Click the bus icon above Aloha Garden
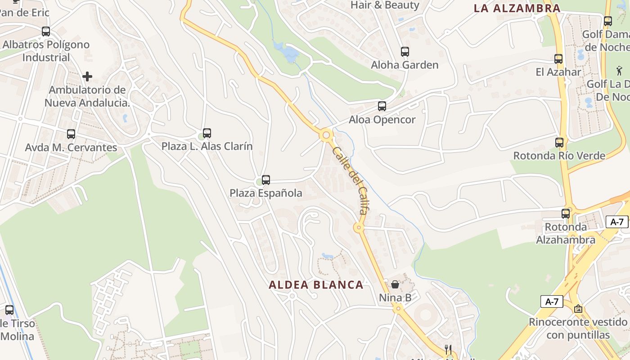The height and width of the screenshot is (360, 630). [405, 52]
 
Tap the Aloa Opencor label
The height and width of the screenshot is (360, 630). [382, 120]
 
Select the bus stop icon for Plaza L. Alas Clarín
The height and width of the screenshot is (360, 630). [207, 133]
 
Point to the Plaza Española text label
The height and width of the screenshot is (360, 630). [266, 193]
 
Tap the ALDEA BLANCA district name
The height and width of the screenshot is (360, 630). [316, 285]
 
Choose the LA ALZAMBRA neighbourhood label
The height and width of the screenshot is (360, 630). [517, 8]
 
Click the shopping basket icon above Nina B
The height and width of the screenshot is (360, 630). [395, 284]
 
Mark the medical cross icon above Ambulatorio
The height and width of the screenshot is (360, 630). [87, 76]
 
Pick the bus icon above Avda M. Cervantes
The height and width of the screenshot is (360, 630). [71, 134]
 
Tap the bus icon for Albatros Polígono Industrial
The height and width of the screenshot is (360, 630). [46, 31]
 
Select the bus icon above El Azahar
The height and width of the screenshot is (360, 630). [558, 59]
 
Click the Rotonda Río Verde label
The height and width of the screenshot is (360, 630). [559, 156]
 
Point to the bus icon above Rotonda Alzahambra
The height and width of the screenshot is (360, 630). [566, 214]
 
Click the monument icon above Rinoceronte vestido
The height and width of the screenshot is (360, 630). [578, 309]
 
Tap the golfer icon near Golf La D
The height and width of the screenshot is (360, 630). [620, 71]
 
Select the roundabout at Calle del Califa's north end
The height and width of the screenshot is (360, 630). [326, 135]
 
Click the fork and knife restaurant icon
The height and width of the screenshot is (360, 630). [448, 349]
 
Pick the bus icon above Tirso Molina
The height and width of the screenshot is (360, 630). [9, 310]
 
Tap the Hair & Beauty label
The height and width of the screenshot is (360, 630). [385, 5]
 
